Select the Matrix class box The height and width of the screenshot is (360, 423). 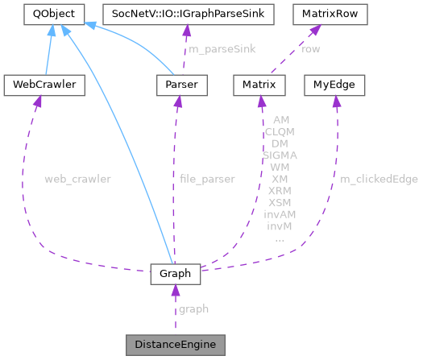(259, 84)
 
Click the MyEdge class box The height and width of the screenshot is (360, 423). (334, 84)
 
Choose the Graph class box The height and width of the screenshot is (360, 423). (174, 274)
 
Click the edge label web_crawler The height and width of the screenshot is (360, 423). (77, 178)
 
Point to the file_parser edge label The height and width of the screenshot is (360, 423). (206, 178)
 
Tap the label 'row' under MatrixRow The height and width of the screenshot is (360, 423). (309, 49)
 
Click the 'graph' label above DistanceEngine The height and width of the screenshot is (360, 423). (193, 308)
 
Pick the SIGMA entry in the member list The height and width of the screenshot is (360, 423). (280, 154)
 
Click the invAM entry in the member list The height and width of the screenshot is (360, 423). (280, 214)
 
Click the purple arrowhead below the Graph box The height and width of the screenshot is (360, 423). (174, 291)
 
